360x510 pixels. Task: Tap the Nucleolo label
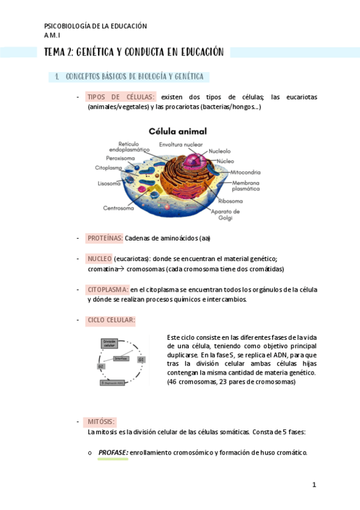223,151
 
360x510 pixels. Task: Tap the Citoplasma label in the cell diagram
108,168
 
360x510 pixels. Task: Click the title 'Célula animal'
178,131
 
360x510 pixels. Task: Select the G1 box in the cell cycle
141,359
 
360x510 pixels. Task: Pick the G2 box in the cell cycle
100,366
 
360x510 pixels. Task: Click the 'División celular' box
109,344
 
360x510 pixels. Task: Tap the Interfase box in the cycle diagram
121,358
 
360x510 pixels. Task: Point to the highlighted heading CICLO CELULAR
111,320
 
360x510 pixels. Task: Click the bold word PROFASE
113,452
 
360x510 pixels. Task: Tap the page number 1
314,485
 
